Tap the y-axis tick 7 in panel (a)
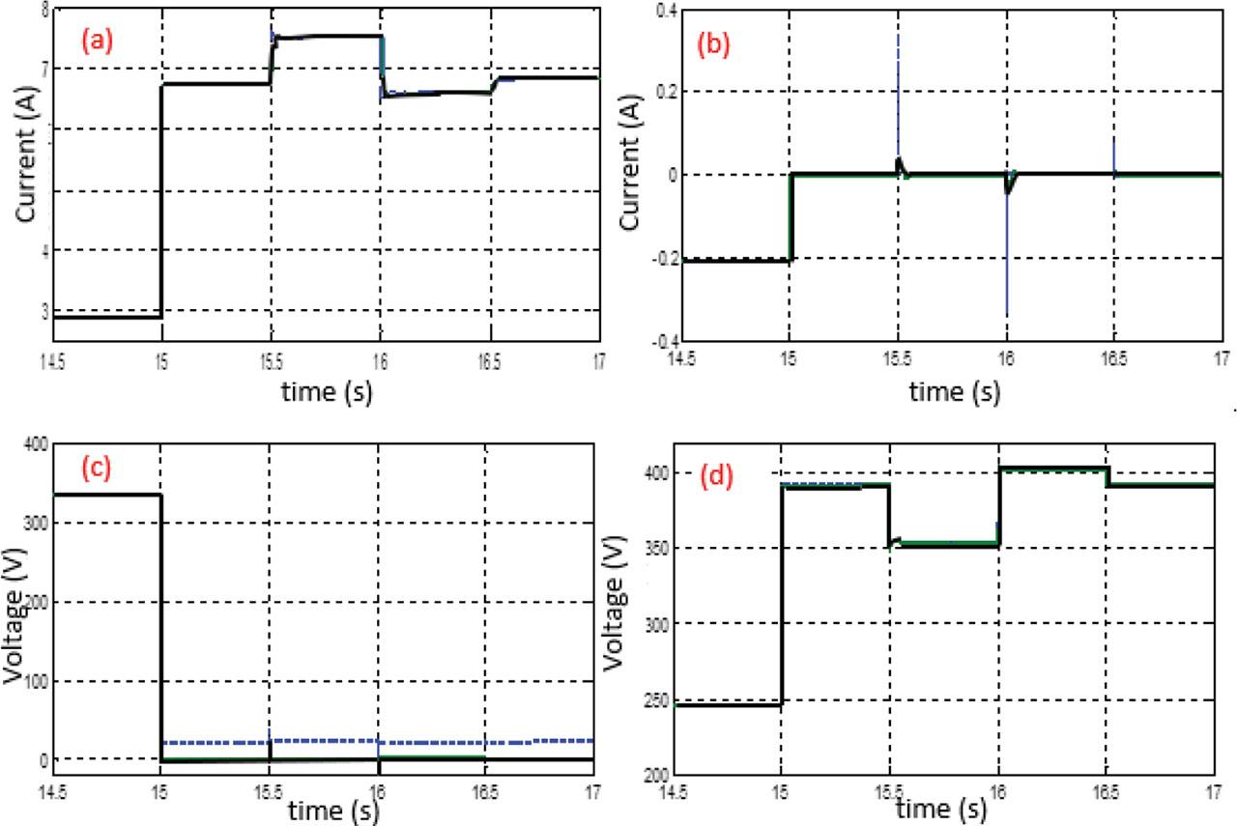click(43, 70)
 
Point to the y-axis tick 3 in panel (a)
click(43, 310)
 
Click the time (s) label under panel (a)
click(330, 392)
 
